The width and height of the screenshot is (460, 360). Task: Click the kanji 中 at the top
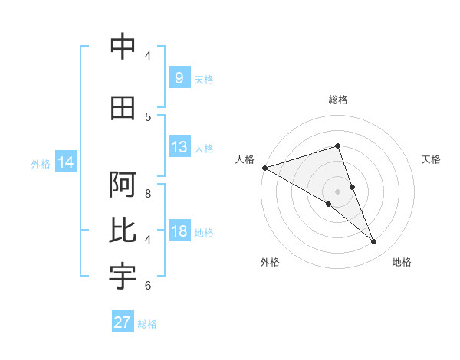[x=123, y=47]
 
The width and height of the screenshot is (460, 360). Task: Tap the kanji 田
[x=123, y=108]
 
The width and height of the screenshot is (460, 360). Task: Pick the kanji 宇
[x=123, y=277]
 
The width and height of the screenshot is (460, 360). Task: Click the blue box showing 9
[x=179, y=78]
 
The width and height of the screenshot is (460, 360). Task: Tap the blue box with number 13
[x=179, y=147]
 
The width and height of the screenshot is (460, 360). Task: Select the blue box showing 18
[x=179, y=231]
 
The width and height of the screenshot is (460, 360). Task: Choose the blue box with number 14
[x=66, y=162]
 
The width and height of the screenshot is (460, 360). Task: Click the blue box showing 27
[x=123, y=322]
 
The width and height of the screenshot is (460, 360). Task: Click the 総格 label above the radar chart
[x=338, y=100]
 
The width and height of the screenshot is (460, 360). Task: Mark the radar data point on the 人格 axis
[x=264, y=168]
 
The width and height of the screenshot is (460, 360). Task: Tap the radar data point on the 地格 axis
[x=374, y=242]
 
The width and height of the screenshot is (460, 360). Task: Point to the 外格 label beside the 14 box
[x=41, y=163]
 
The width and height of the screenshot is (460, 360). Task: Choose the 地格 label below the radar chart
[x=402, y=263]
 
